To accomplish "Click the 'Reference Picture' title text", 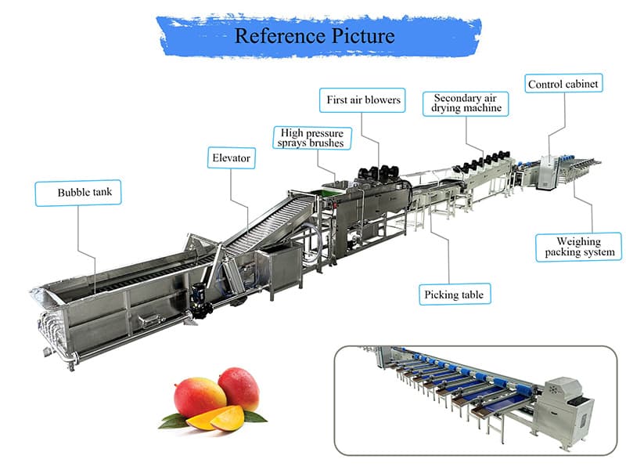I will pyautogui.click(x=315, y=35).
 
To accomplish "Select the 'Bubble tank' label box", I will pyautogui.click(x=78, y=193).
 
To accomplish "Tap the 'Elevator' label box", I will pyautogui.click(x=231, y=158).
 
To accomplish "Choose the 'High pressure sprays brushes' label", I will pyautogui.click(x=311, y=137).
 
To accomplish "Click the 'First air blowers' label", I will pyautogui.click(x=362, y=100).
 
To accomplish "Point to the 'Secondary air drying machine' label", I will pyautogui.click(x=466, y=103).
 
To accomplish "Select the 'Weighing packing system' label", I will pyautogui.click(x=580, y=247).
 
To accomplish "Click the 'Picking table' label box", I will pyautogui.click(x=454, y=295).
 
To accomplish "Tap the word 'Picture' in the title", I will pyautogui.click(x=361, y=35).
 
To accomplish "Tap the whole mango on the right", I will pyautogui.click(x=239, y=388).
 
